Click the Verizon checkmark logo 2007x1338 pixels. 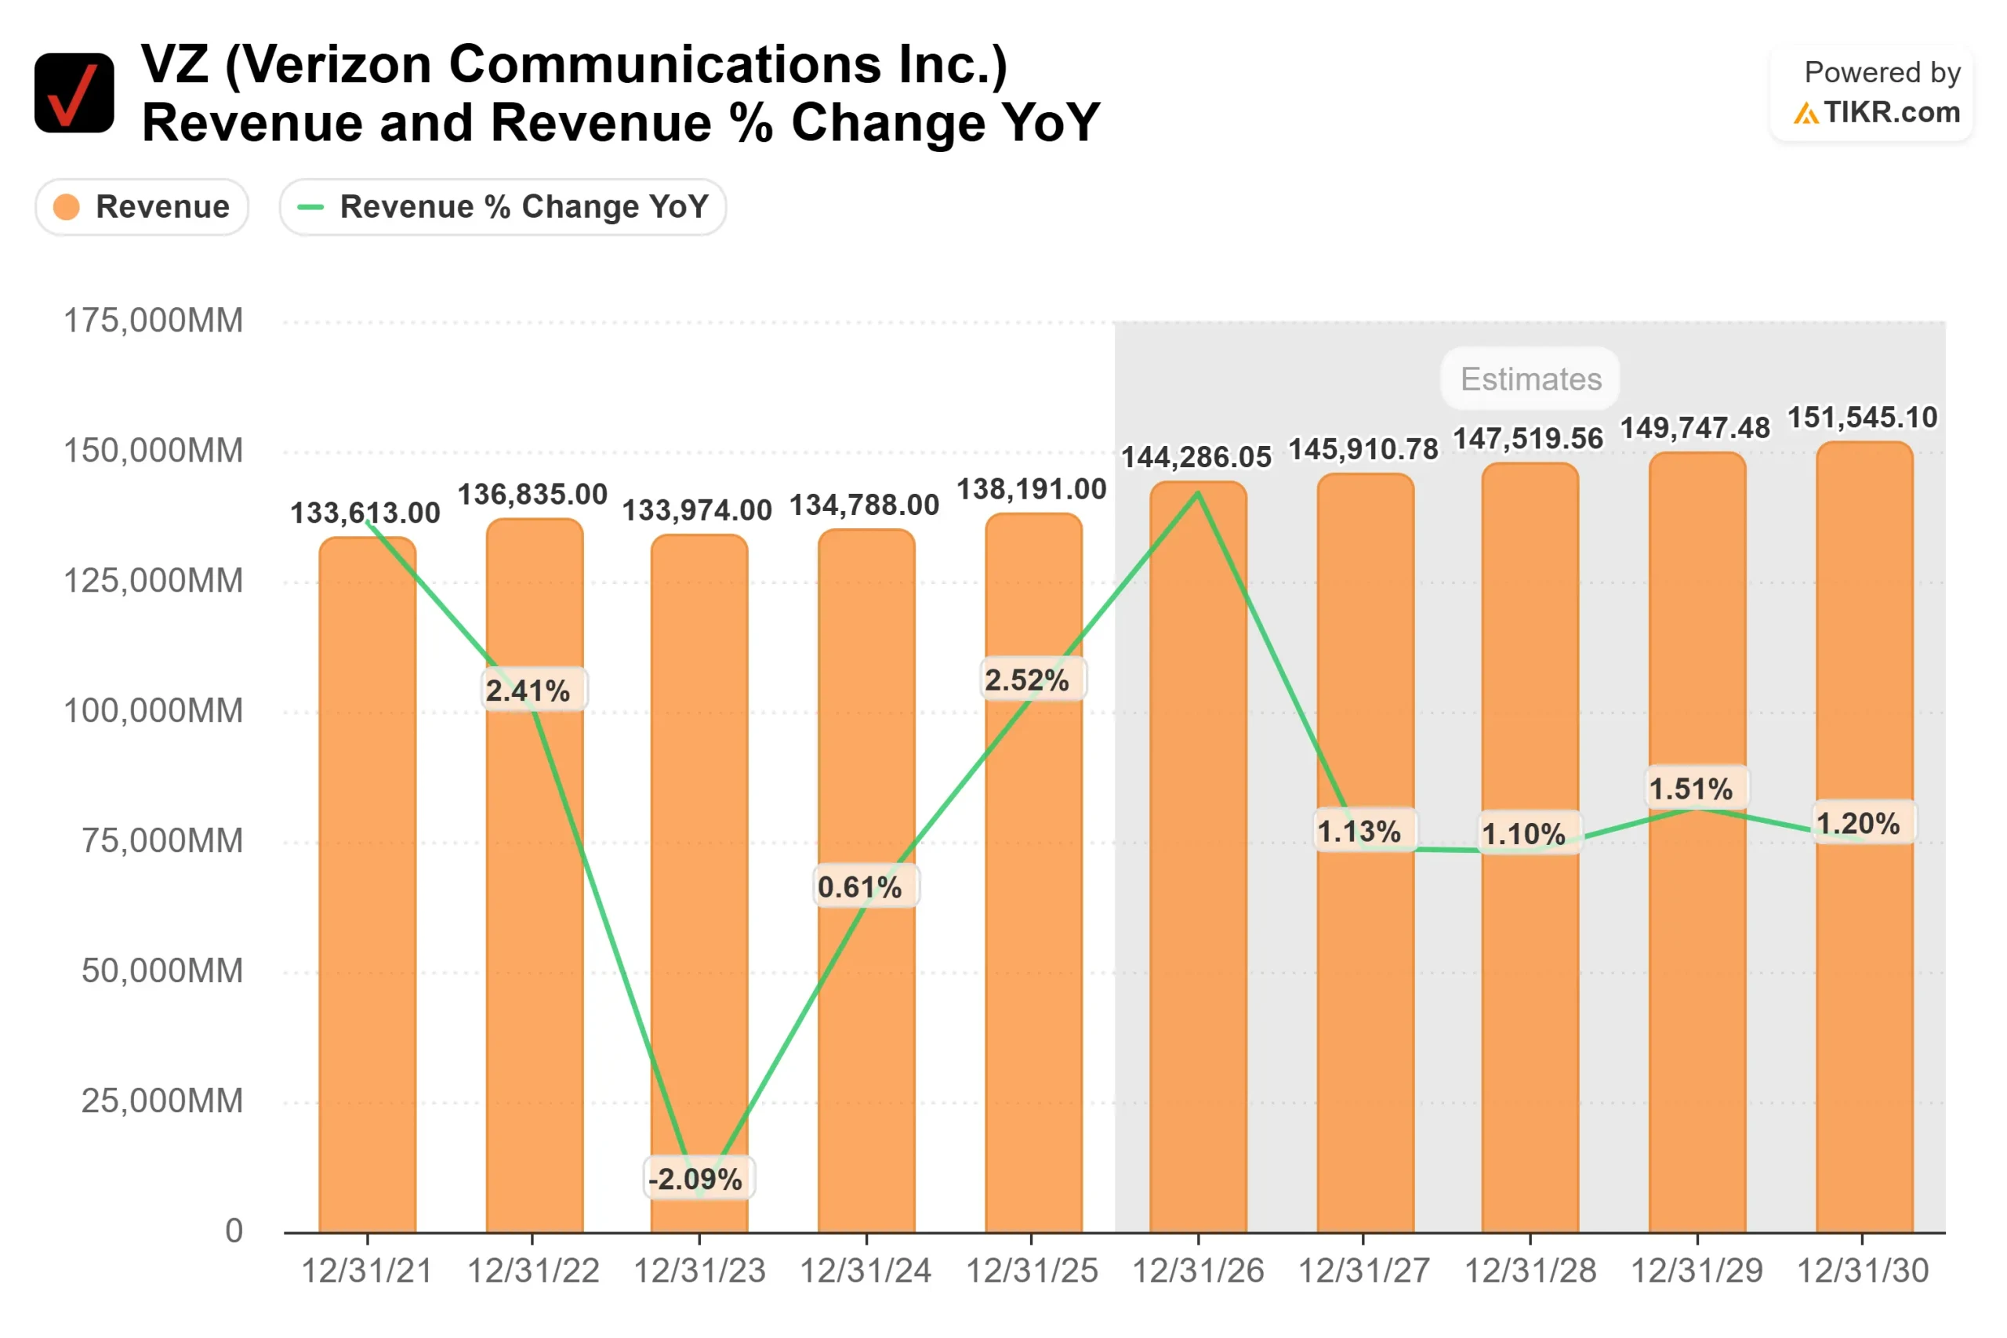74,93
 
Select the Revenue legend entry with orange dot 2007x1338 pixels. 142,206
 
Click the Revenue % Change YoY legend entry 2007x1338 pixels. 503,206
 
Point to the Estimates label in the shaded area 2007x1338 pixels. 1531,379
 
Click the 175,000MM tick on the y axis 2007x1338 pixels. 154,321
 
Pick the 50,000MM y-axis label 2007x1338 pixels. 162,971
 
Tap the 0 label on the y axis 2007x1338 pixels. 234,1231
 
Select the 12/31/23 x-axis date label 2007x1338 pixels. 700,1271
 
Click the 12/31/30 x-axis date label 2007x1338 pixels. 1863,1271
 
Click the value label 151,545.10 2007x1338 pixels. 1863,417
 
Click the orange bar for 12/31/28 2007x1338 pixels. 1530,1024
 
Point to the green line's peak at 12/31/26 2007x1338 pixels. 1198,493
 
